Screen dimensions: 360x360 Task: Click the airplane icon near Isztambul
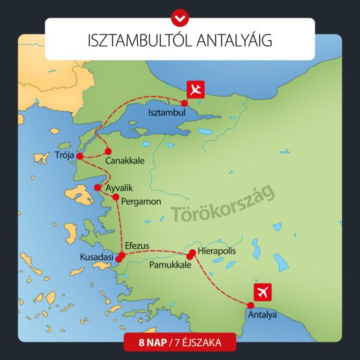[196, 89]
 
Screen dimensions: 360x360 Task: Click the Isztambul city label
[166, 112]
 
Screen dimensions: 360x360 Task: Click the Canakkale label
[123, 161]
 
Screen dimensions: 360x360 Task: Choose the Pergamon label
[140, 201]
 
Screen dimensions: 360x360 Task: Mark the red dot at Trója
[80, 157]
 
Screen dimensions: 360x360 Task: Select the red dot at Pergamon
[115, 198]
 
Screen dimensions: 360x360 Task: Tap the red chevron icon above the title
[180, 14]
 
